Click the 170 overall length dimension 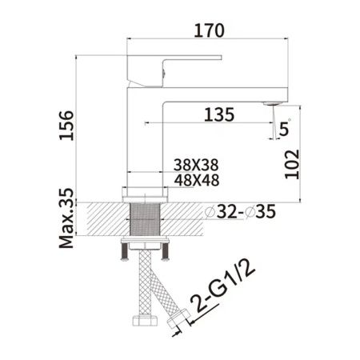tap(206, 30)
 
